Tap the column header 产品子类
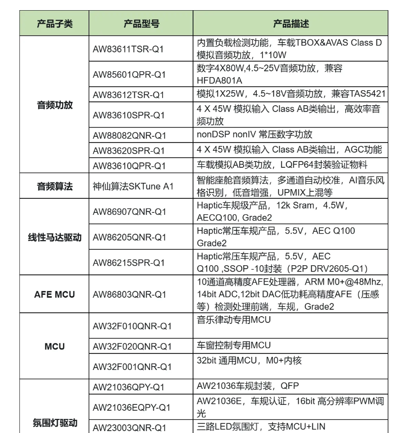55,23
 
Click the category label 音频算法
55,186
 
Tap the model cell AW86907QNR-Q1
130,212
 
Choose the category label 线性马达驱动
55,238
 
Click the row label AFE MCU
55,294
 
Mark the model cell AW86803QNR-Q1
130,294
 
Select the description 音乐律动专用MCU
234,320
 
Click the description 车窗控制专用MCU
234,345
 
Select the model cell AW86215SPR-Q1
129,262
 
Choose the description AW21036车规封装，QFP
247,386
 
